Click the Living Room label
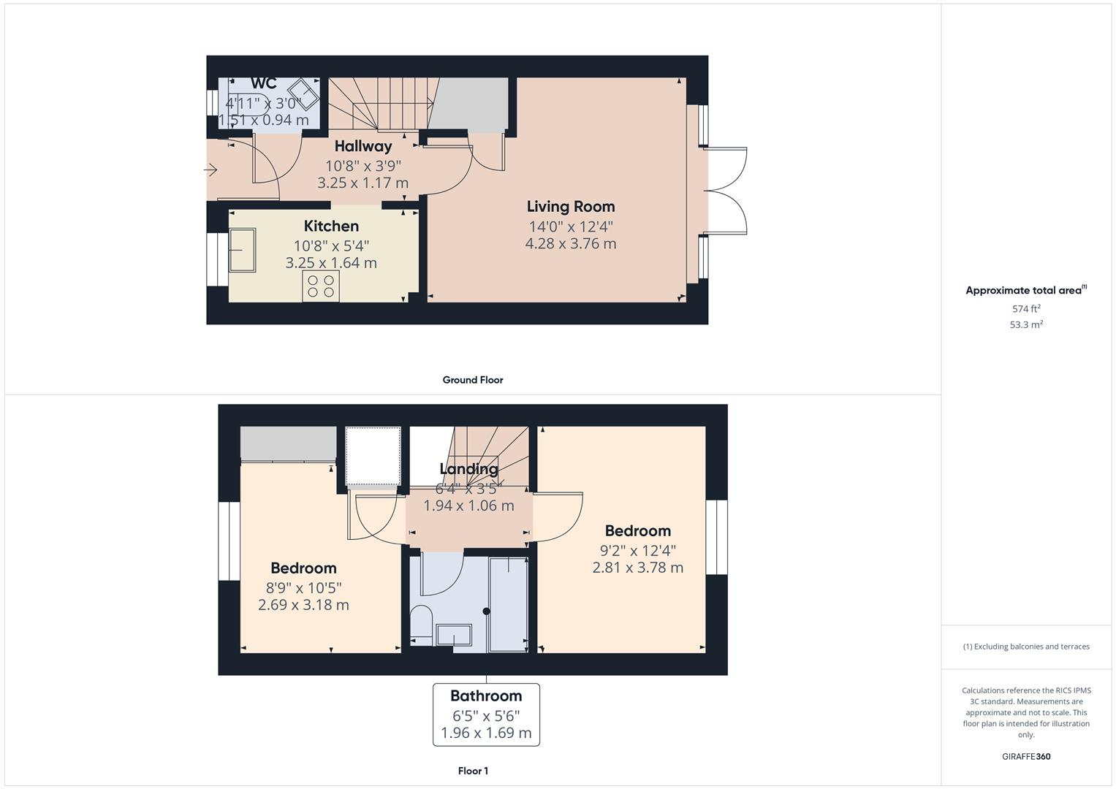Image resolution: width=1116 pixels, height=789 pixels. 570,207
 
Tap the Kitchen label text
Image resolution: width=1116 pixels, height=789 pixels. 331,226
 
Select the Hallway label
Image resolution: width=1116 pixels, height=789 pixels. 363,146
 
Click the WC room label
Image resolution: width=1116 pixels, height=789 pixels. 264,83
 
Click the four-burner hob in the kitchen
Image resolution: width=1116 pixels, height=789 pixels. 322,286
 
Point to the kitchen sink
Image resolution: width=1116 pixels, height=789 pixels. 242,251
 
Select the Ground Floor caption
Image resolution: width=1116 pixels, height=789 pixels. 472,380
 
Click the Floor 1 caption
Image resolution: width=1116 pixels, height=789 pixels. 472,771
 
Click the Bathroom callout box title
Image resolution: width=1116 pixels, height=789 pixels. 486,696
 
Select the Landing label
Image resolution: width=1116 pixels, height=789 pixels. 468,469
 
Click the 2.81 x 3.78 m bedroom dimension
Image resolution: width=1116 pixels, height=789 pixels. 637,568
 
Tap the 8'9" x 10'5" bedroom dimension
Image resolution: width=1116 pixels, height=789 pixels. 303,587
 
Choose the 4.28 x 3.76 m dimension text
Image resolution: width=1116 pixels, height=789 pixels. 570,244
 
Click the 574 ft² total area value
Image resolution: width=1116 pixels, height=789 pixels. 1025,309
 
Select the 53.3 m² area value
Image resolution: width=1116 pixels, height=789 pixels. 1025,325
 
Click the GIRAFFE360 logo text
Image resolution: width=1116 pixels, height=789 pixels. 1025,757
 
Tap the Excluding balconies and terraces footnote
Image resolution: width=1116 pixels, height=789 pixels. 1025,647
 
